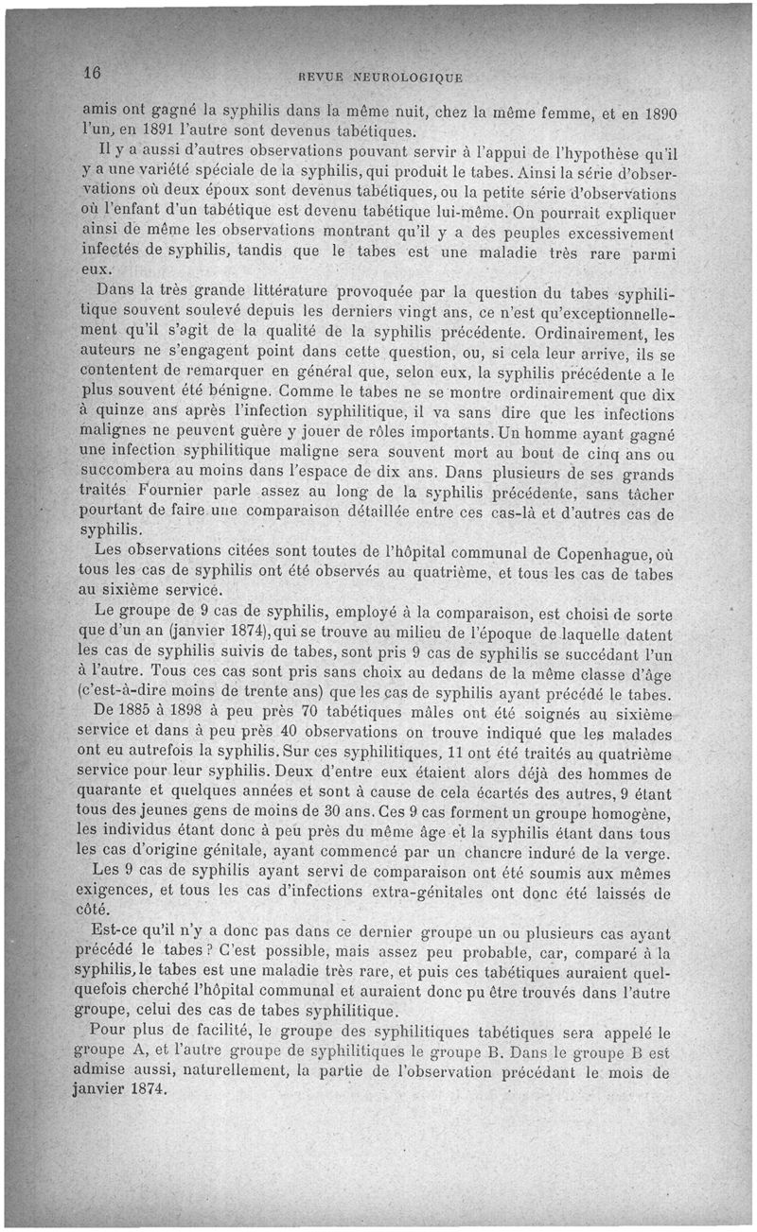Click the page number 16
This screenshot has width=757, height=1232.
pos(92,74)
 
